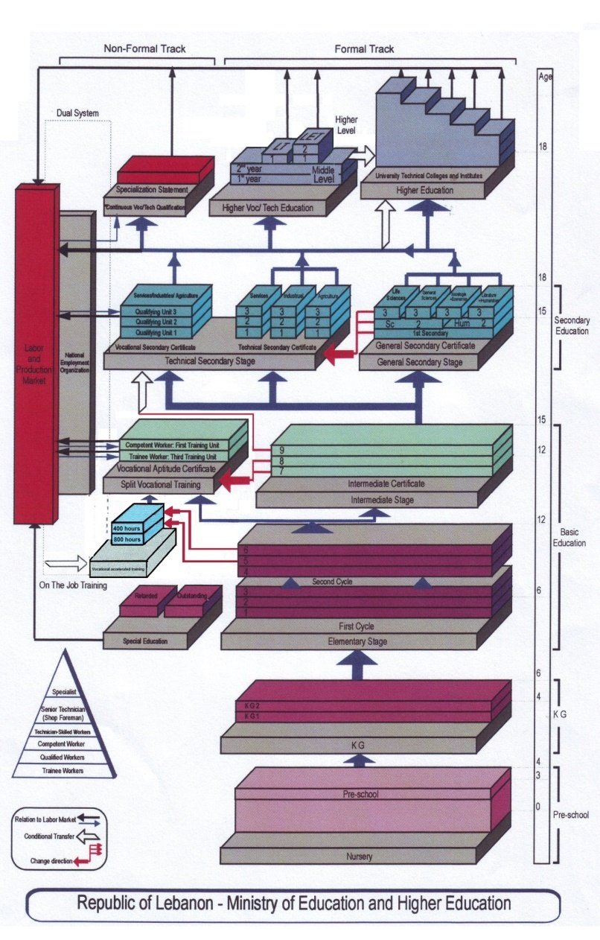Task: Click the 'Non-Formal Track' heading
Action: (144, 49)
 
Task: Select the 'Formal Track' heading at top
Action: (364, 49)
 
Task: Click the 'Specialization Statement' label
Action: (152, 190)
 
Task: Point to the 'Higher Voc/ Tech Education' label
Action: (268, 208)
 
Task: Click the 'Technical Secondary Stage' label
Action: (211, 361)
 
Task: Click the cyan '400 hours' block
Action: (127, 528)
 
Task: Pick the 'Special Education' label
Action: (145, 641)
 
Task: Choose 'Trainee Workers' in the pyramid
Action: (63, 771)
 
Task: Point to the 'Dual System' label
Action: (77, 113)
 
